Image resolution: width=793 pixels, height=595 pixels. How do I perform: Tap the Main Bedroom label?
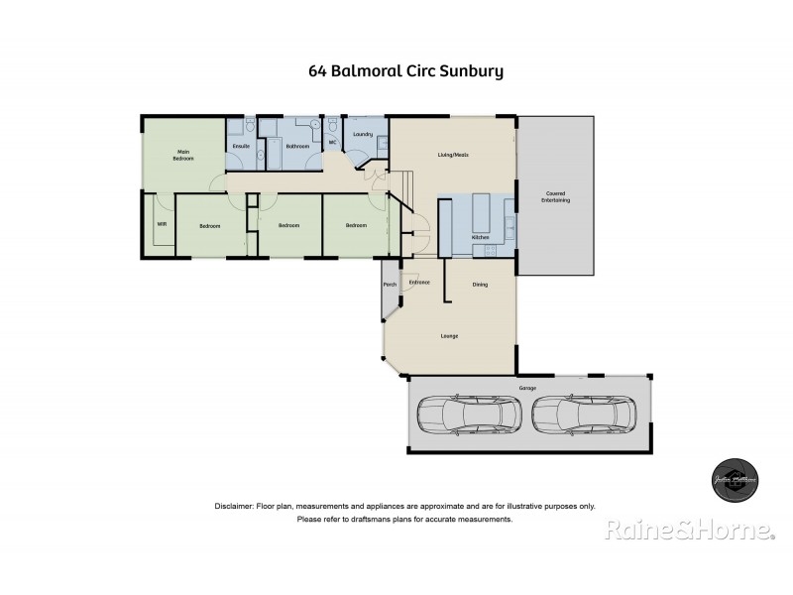tap(182, 156)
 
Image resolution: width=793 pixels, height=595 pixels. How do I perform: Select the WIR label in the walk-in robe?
tap(161, 225)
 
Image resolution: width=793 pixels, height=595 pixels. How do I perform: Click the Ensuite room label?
tap(240, 147)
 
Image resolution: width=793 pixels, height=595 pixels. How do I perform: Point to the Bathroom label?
tap(297, 147)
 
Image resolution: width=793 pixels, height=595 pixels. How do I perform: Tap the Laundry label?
tap(363, 134)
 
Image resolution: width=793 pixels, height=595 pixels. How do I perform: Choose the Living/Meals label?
tap(453, 155)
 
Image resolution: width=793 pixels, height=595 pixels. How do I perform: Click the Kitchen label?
tap(480, 238)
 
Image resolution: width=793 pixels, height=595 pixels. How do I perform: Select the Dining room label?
tap(480, 285)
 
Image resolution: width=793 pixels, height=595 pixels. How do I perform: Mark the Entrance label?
tap(419, 284)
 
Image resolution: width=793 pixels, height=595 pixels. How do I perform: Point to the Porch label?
tap(390, 285)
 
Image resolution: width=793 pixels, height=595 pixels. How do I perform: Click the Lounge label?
tap(449, 336)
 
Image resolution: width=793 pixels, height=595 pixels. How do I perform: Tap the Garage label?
tap(527, 388)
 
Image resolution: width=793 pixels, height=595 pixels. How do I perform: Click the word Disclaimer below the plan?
tap(233, 506)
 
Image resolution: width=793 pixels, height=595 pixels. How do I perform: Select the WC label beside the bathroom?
tap(333, 143)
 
